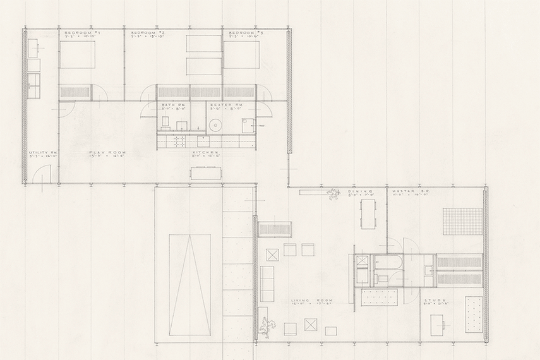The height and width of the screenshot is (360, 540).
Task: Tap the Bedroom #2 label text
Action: click(x=147, y=32)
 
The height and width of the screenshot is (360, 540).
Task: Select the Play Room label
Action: click(x=102, y=153)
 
